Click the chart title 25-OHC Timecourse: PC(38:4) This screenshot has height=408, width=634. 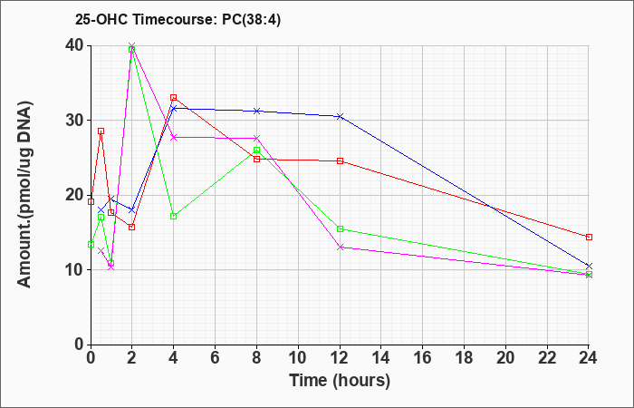coord(178,20)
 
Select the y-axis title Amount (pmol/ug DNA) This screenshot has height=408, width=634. coord(25,195)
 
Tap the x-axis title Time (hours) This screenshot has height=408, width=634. coord(340,381)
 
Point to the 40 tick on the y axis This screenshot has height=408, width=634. coord(75,45)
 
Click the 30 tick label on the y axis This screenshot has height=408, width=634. coord(75,121)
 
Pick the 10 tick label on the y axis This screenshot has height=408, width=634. coord(75,270)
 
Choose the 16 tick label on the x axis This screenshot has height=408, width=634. coord(423,358)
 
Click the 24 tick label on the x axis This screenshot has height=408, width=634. coord(589,358)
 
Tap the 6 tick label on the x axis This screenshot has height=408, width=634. coord(216,358)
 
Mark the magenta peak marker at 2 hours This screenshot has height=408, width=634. coord(132,45)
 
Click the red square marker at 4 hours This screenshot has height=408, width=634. coord(174,98)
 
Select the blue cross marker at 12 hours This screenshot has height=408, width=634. coord(340,117)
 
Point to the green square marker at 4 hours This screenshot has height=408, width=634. coord(174,216)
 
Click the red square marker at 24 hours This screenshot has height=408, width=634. coord(589,238)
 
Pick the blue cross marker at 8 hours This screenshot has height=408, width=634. coord(256,111)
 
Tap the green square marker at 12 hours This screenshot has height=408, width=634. coord(340,229)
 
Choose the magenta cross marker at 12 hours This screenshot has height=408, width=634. coord(340,248)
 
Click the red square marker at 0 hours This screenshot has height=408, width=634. coord(91,201)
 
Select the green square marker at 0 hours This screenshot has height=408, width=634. coord(91,245)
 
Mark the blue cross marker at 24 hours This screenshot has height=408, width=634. coord(589,266)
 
